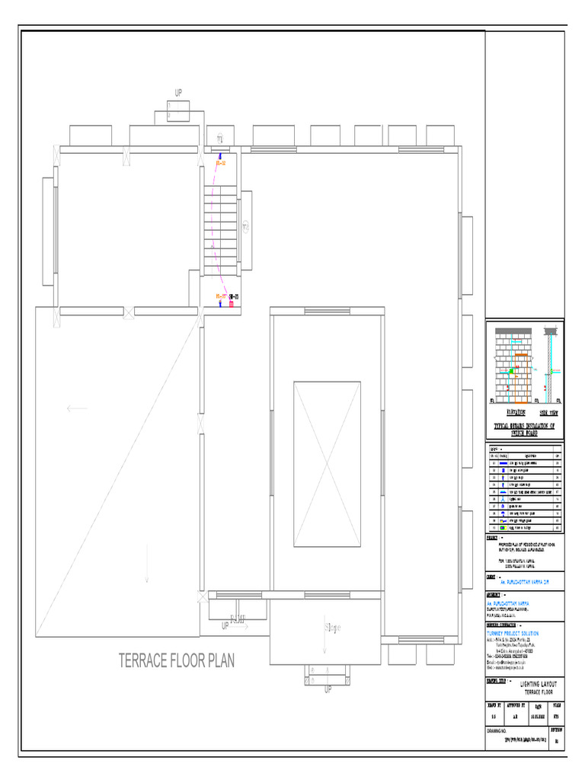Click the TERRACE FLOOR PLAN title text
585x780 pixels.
tap(177, 660)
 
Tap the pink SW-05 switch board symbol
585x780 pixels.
tap(232, 303)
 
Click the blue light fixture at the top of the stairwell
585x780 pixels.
tap(220, 156)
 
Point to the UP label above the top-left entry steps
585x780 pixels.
tap(179, 93)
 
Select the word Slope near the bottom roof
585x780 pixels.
tap(333, 628)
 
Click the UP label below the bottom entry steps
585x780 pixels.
tap(328, 689)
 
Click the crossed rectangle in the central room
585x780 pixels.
tap(327, 464)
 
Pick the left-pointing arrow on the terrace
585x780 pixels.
tap(77, 408)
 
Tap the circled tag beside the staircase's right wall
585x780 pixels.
tap(245, 227)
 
